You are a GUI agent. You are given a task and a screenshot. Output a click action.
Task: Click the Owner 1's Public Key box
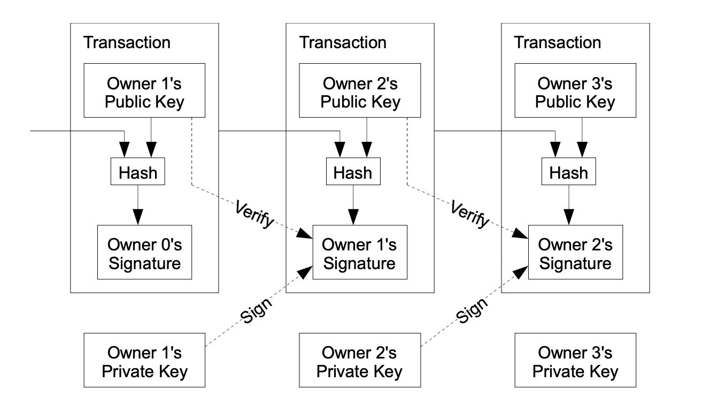tap(144, 93)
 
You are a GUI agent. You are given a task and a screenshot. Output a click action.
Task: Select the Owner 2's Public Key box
tap(360, 93)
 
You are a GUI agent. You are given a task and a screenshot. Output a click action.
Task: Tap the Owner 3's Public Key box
tap(575, 93)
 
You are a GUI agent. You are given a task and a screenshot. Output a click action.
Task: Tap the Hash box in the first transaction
tap(138, 172)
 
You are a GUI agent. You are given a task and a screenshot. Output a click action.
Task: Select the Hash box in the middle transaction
tap(353, 172)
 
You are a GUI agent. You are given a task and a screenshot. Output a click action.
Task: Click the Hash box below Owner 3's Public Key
tap(568, 172)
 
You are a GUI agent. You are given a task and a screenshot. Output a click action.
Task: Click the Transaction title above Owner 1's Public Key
tap(127, 42)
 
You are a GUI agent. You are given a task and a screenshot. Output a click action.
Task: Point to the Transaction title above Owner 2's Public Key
tap(343, 42)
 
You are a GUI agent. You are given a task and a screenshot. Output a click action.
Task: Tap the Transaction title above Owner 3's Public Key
tap(558, 42)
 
